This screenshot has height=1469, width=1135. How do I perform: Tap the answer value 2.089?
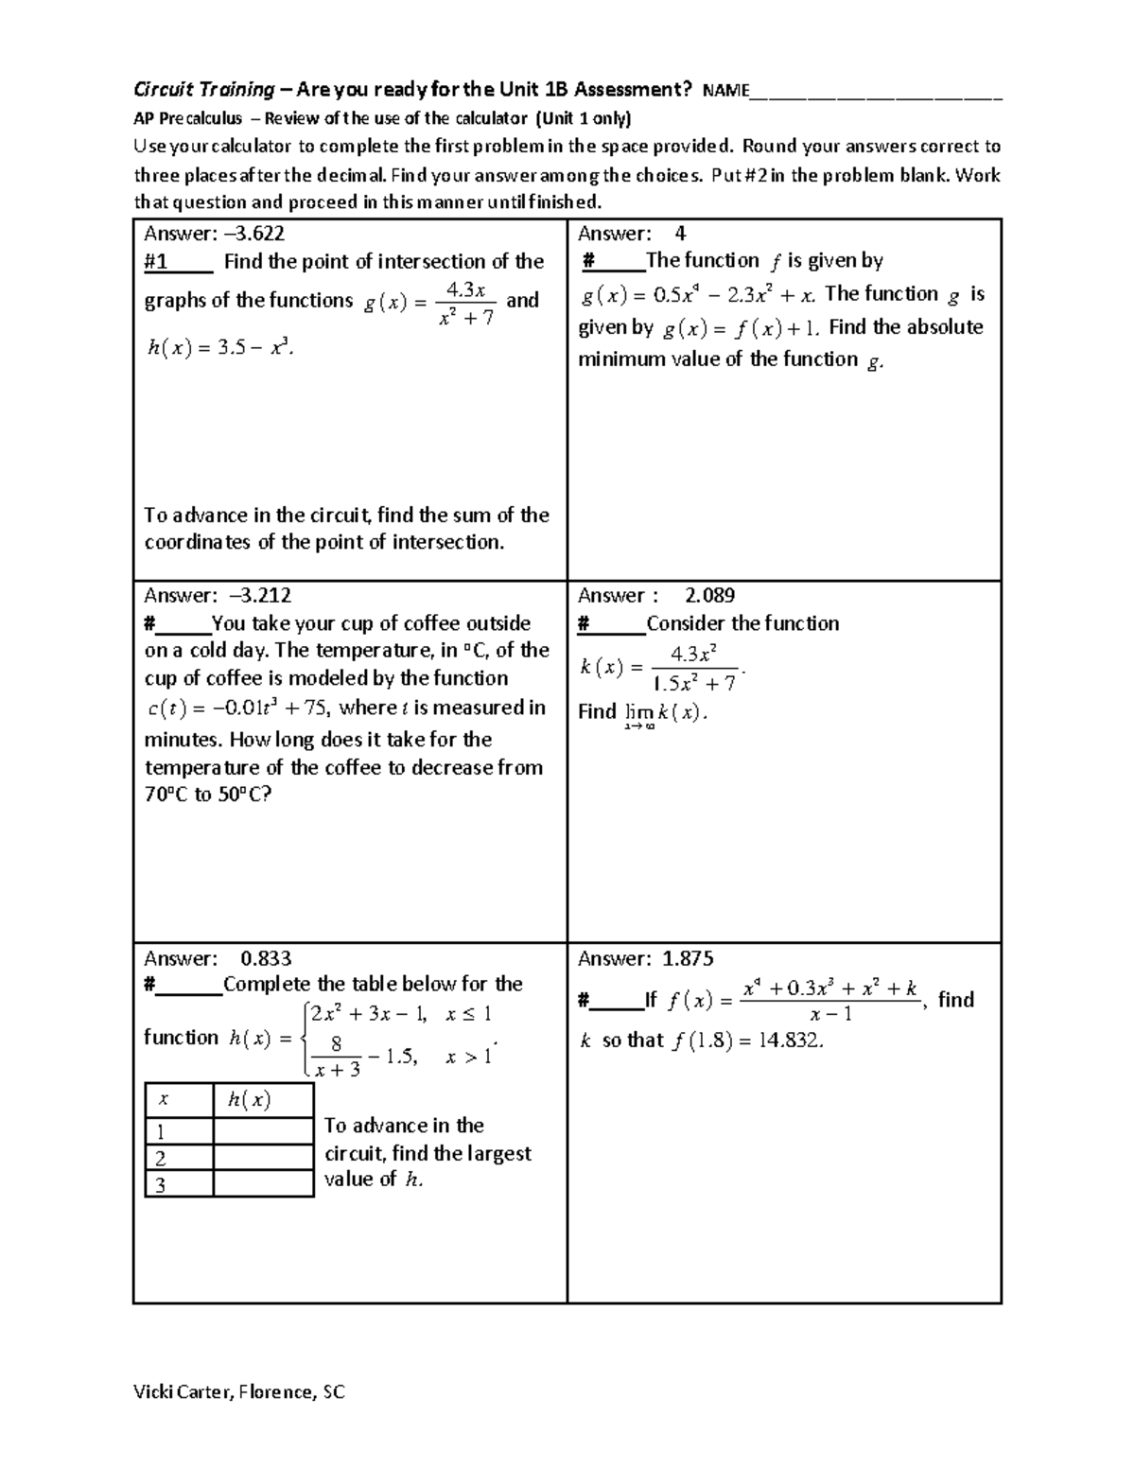coord(709,596)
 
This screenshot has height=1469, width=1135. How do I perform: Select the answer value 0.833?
coord(266,959)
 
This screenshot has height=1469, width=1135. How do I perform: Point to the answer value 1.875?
coord(688,959)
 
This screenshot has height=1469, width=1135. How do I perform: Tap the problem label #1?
coord(156,262)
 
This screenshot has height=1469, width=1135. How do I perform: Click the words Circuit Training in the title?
coord(203,91)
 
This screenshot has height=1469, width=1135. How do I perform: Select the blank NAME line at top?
coord(875,93)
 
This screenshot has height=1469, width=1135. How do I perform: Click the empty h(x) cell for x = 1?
coord(263,1131)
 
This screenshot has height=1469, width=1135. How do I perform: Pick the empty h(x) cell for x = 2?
coord(263,1158)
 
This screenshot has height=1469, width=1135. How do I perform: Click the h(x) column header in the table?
coord(249,1100)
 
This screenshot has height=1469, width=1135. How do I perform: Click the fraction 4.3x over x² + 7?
coord(466,304)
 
